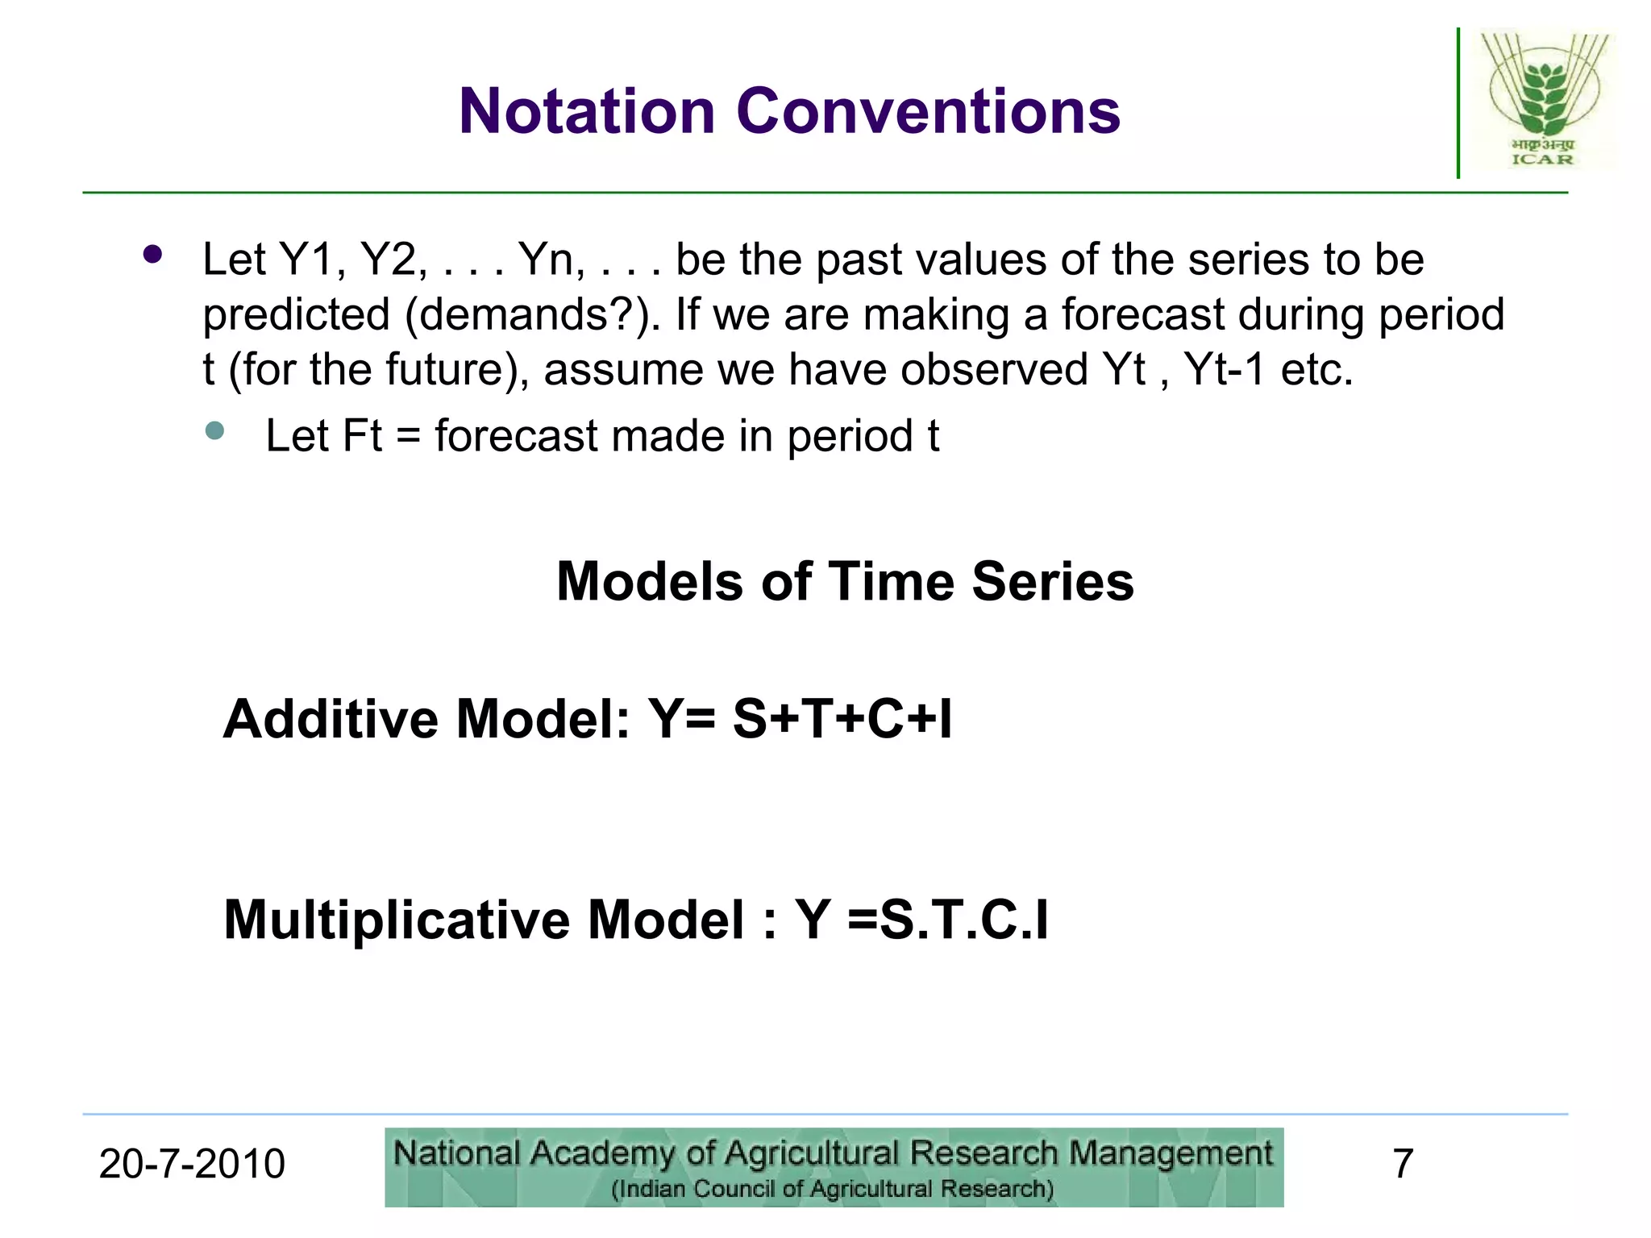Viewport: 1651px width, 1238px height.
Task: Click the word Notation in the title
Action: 587,111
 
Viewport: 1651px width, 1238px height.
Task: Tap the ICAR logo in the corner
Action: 1543,100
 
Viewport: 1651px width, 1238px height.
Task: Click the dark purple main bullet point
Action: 152,255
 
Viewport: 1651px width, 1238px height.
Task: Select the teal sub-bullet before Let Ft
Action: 214,430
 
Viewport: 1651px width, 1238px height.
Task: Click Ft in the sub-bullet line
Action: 362,436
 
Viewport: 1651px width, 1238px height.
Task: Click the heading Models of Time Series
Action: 845,581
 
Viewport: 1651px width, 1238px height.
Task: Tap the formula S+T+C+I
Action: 842,719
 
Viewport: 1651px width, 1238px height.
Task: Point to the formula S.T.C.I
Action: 963,920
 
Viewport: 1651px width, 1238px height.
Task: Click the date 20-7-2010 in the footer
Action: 192,1164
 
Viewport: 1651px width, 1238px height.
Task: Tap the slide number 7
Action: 1403,1164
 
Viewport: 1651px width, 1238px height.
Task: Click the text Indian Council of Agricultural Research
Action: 832,1190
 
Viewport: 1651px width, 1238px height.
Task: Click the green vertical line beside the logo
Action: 1458,103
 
